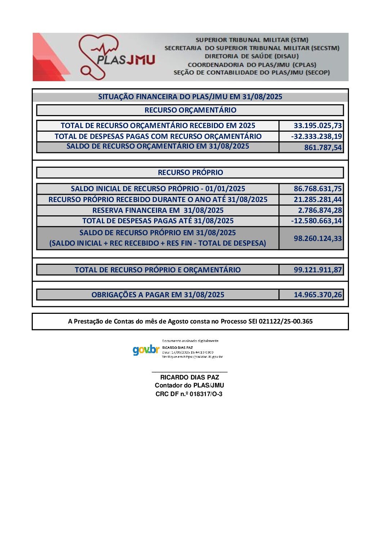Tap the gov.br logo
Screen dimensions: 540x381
[146, 350]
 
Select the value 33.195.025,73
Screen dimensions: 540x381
[318, 126]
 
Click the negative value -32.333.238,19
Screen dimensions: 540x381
[317, 136]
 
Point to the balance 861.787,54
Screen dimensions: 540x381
[323, 147]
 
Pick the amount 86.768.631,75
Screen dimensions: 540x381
[318, 189]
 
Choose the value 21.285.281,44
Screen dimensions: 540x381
[318, 199]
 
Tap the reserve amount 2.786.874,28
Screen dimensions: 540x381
[320, 210]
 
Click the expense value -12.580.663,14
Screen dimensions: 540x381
[317, 221]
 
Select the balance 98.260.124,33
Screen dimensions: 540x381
[318, 238]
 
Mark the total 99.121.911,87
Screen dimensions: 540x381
[318, 270]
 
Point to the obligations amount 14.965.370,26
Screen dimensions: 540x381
[318, 295]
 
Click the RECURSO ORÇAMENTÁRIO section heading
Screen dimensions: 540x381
[190, 110]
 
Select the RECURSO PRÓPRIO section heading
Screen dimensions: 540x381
[190, 172]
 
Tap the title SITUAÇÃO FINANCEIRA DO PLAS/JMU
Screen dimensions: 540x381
[190, 97]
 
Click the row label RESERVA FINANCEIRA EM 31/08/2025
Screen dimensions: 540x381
[158, 210]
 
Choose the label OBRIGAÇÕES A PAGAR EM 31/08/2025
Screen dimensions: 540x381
[158, 295]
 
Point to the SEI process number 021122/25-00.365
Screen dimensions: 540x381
[286, 321]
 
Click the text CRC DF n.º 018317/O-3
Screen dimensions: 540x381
[189, 394]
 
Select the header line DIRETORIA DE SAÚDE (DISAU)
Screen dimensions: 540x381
[252, 56]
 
